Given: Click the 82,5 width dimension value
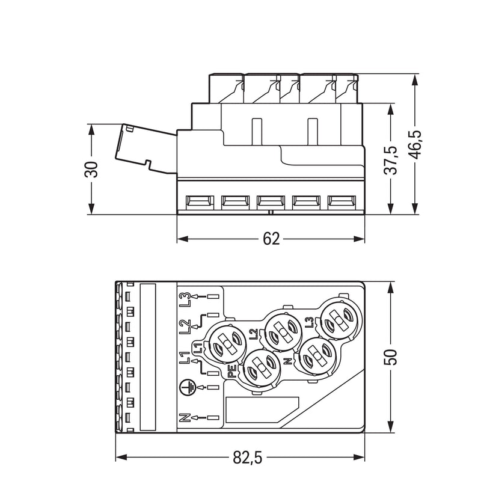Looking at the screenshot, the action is tap(248, 458).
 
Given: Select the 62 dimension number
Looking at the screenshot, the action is tap(271, 239).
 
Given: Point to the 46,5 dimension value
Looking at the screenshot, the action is tap(415, 144).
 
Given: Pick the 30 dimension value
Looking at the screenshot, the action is tap(91, 169).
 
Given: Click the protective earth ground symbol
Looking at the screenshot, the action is tap(187, 387).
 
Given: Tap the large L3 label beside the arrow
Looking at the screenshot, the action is tap(185, 299).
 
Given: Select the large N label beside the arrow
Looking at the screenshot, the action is tap(185, 417).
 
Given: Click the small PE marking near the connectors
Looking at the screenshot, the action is tap(232, 371).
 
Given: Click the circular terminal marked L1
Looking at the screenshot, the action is tap(227, 343).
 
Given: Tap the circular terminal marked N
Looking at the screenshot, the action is tap(318, 356).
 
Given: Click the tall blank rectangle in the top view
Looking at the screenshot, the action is tap(148, 357).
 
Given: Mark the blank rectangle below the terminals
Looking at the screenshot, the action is tap(262, 410).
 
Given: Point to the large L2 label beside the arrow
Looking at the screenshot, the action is tap(185, 326).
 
